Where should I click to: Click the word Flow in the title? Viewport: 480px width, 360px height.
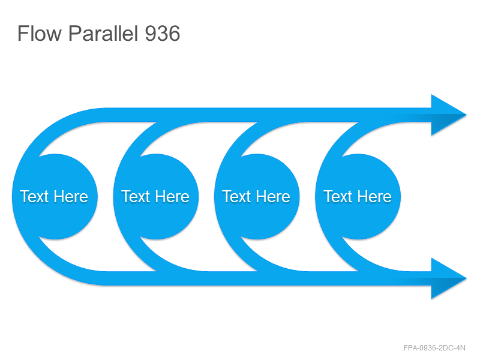40,34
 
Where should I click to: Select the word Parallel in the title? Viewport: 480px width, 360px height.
103,34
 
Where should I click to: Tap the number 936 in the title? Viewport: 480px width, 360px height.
162,34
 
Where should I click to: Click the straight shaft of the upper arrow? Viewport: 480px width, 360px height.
268,115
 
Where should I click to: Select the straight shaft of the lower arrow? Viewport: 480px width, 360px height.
268,278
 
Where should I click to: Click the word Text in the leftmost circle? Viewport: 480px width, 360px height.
34,197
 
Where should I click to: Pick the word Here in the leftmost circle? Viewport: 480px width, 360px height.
71,197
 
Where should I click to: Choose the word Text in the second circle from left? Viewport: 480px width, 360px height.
136,197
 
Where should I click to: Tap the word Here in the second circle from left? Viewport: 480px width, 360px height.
172,197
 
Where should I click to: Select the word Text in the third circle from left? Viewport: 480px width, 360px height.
236,197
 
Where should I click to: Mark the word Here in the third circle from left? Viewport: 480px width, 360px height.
274,197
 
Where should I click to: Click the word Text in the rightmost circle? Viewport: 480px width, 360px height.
337,197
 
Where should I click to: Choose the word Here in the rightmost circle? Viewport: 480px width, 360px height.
374,197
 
